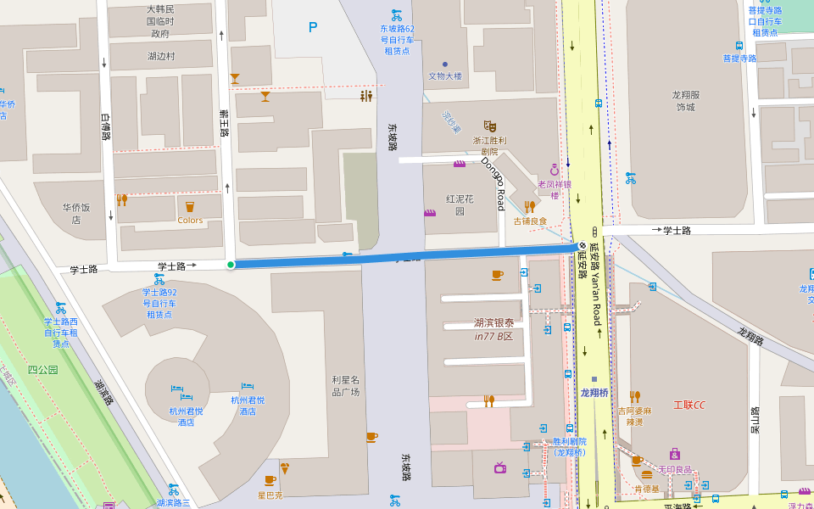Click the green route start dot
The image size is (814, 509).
point(231,265)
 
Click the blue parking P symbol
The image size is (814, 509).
point(313,27)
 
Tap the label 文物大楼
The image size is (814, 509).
point(445,76)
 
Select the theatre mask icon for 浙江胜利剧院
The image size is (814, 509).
point(489,126)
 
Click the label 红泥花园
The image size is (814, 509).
point(460,205)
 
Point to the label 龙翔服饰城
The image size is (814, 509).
point(685,101)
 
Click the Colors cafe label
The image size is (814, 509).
point(190,221)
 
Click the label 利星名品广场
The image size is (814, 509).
point(346,386)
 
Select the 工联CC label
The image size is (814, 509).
point(689,406)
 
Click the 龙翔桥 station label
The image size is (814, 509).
point(594,393)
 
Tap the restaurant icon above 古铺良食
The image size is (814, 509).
point(530,206)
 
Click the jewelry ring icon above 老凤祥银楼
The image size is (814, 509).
point(555,170)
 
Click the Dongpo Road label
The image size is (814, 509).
point(493,183)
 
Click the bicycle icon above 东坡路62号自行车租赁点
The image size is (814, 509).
point(396,14)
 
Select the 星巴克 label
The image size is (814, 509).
point(270,495)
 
